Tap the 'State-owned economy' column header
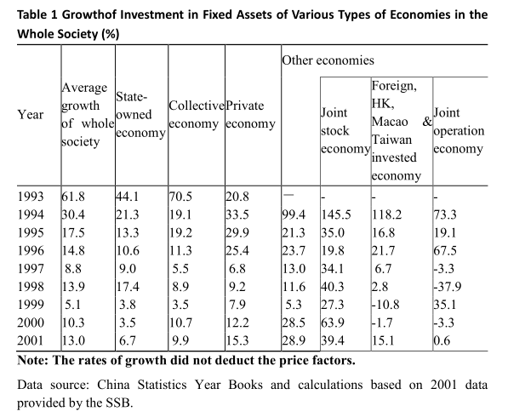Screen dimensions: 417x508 click(134, 114)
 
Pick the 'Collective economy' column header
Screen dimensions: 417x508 click(196, 114)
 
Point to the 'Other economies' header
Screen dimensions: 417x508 click(328, 61)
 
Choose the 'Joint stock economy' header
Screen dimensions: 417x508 click(344, 130)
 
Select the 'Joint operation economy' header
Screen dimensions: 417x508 click(459, 130)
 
